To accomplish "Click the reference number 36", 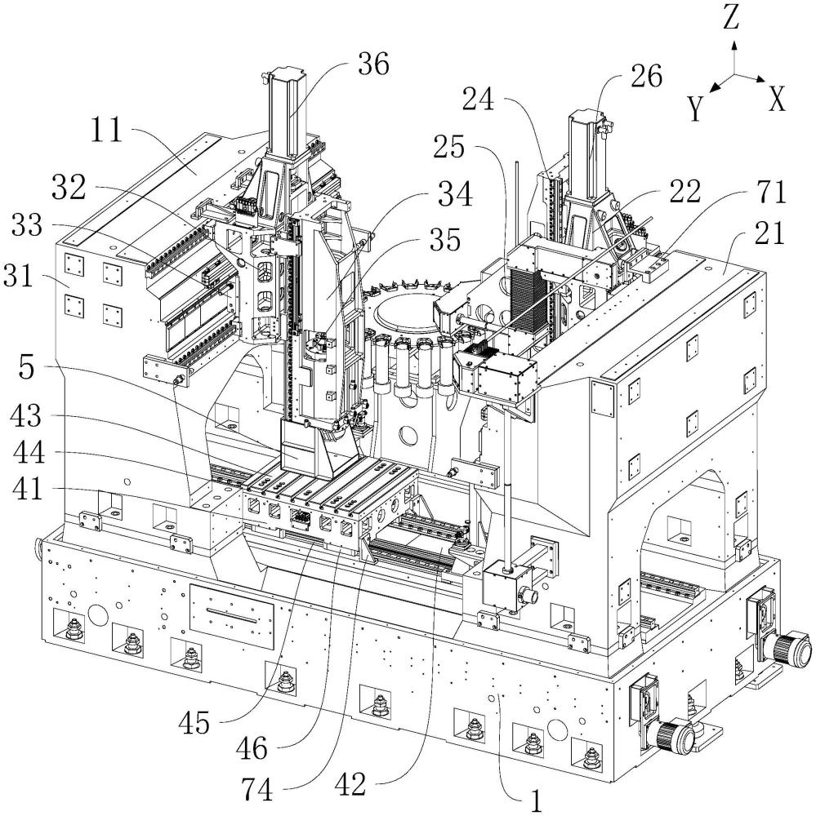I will click(373, 63).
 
